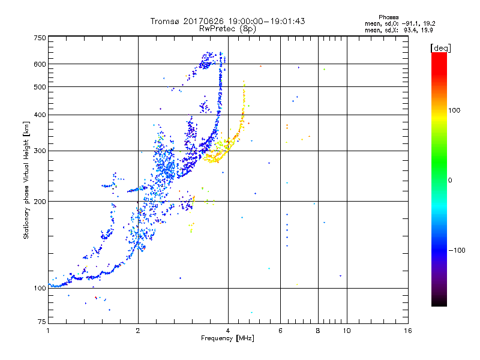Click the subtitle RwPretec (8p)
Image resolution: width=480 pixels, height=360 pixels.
228,28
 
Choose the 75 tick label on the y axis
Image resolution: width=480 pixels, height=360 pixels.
41,321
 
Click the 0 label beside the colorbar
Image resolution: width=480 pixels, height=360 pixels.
451,180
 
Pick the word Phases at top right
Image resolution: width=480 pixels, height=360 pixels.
389,17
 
